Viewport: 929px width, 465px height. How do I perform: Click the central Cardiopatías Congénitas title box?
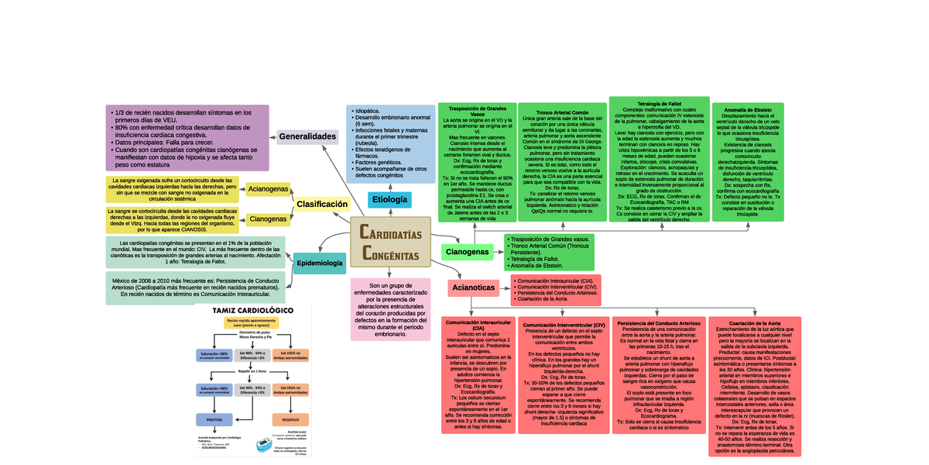391,243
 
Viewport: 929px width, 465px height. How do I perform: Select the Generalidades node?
307,136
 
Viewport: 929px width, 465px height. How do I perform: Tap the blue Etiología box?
389,199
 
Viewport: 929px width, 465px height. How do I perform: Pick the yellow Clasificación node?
321,205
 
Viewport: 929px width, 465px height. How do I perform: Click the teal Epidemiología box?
320,263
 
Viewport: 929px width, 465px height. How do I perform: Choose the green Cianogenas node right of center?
468,252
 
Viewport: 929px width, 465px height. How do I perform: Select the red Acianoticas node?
473,288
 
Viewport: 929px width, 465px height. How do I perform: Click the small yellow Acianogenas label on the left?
268,189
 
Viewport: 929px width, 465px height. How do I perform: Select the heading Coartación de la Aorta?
754,322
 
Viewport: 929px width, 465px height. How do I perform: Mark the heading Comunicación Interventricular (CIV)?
564,325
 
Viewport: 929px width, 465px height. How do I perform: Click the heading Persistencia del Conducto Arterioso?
659,322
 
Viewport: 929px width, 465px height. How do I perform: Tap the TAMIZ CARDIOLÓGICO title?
253,310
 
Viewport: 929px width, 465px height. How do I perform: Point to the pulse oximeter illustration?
269,446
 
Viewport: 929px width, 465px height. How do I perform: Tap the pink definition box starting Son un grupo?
390,308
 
